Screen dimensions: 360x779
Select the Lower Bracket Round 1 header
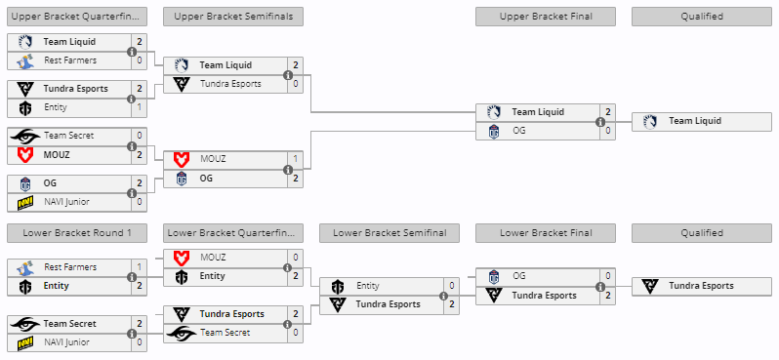click(x=76, y=233)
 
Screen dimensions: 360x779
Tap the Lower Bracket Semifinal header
click(x=389, y=233)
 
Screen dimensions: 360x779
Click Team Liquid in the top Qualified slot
click(x=695, y=121)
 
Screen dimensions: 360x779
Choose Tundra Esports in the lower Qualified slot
click(x=701, y=286)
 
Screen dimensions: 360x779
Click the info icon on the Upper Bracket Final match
click(x=600, y=122)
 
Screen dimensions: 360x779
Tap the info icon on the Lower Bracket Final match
click(x=600, y=287)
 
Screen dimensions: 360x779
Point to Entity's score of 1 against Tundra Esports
click(x=139, y=106)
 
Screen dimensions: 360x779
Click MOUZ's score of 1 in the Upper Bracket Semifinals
click(x=295, y=158)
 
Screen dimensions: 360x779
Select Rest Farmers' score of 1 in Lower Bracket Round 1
click(x=139, y=266)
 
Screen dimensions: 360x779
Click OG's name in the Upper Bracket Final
click(x=518, y=131)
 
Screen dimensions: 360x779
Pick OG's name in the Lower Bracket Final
click(x=518, y=276)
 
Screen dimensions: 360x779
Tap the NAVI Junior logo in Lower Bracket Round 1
click(x=25, y=342)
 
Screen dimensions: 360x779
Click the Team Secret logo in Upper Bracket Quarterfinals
click(x=25, y=136)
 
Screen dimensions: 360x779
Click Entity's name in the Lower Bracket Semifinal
click(x=368, y=286)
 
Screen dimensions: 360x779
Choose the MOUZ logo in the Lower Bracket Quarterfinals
click(x=182, y=258)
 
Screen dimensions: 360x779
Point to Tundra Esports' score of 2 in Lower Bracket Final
click(x=607, y=295)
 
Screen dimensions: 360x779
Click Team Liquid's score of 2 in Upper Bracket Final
click(x=607, y=112)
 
